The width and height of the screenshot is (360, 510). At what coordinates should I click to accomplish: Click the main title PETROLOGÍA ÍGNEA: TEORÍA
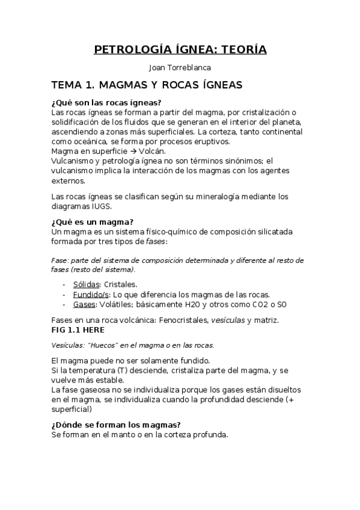pos(180,49)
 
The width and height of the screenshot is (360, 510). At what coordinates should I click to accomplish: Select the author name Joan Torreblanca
pos(180,68)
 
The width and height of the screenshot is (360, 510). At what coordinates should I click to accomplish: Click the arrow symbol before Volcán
pos(132,151)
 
